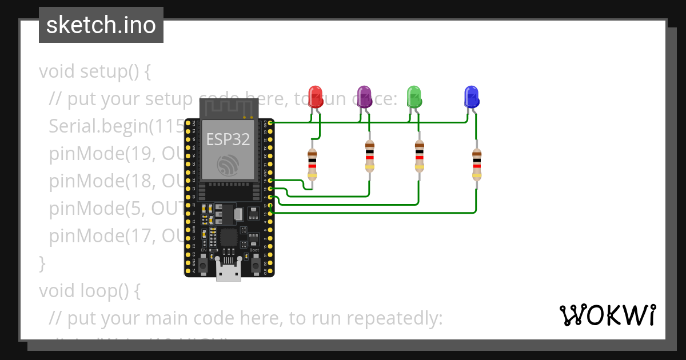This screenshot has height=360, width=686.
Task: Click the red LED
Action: click(316, 96)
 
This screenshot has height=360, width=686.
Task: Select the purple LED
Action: click(364, 96)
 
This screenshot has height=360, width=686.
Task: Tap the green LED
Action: click(413, 96)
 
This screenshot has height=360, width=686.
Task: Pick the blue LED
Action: click(471, 96)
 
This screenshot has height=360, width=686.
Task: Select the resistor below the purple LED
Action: click(370, 157)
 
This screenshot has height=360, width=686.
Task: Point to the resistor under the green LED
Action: click(419, 157)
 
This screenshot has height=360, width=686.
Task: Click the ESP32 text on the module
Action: click(227, 139)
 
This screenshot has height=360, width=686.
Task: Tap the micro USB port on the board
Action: click(229, 273)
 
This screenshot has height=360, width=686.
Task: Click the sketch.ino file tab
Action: click(101, 25)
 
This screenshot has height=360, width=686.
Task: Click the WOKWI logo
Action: click(607, 315)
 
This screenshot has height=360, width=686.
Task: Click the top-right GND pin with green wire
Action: click(270, 123)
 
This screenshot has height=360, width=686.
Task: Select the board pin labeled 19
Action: click(270, 181)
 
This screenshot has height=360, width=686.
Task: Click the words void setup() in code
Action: click(94, 72)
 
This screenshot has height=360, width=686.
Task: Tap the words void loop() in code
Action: click(89, 291)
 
